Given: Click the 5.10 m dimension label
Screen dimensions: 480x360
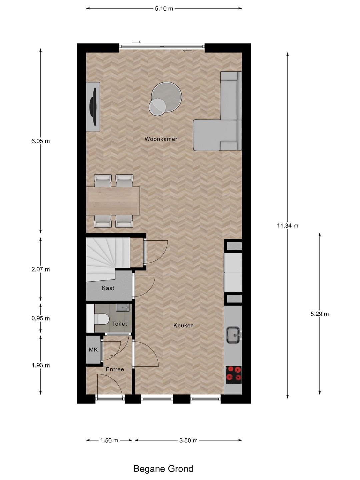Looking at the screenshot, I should coord(164,9).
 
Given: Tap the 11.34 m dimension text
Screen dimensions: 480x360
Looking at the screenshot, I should coord(287,226).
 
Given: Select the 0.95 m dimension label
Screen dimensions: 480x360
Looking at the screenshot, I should coord(41,318).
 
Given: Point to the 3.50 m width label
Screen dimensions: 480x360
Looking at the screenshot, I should coord(188,441).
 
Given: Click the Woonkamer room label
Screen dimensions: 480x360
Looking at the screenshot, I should coord(161,139).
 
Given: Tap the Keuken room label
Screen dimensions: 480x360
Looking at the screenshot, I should coord(183,326).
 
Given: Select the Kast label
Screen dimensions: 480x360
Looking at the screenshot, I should coord(108,288).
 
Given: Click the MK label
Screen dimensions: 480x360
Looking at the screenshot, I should coord(93,350).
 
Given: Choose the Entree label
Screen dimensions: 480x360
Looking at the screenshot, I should coord(115,369).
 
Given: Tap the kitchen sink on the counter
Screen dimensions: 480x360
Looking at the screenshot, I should coord(233,335).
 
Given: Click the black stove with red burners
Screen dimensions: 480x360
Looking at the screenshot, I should coord(233,373).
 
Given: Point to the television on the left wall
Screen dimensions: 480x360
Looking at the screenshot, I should coord(93,106).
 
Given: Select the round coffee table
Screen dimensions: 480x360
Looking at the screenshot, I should coord(166,98).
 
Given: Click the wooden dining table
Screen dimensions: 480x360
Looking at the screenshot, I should coord(113,201).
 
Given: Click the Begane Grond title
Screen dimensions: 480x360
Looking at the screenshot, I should coord(163,469).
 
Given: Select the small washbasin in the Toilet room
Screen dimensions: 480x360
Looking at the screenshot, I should coord(122,307).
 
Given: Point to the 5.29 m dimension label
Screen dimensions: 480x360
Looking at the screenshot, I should coord(319,314).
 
